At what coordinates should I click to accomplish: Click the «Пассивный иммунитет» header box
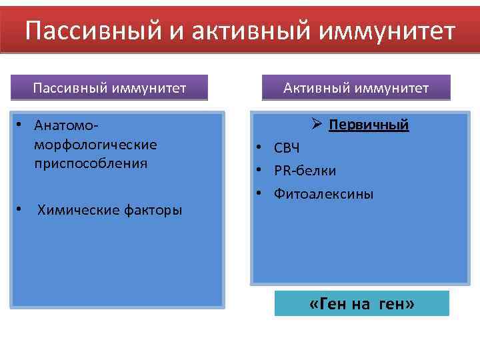pyautogui.click(x=110, y=88)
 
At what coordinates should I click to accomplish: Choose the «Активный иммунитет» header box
pyautogui.click(x=356, y=88)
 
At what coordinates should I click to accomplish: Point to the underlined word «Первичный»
pyautogui.click(x=369, y=125)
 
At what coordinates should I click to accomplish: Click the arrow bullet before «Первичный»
pyautogui.click(x=317, y=125)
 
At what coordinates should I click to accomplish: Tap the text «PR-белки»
pyautogui.click(x=305, y=171)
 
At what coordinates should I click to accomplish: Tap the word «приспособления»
pyautogui.click(x=91, y=163)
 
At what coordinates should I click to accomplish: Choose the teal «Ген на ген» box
pyautogui.click(x=362, y=304)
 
